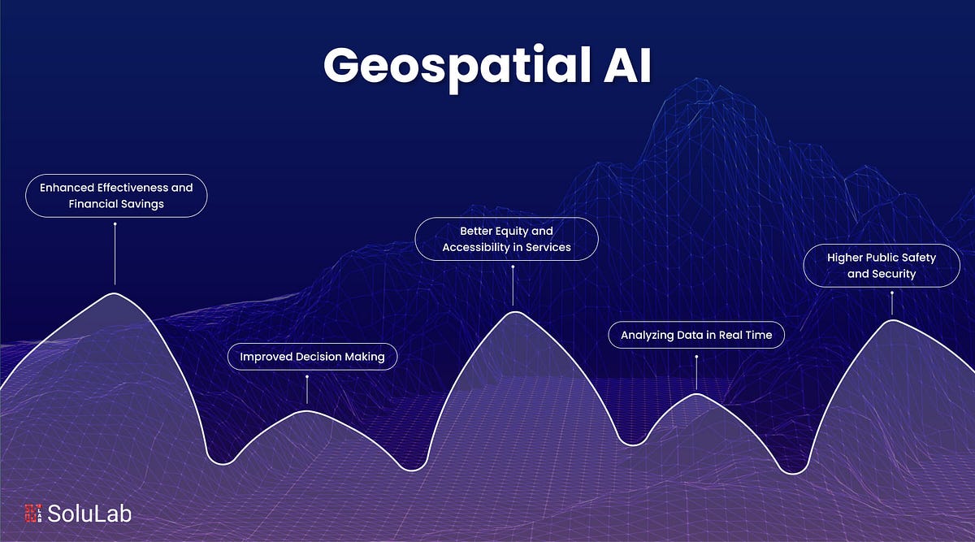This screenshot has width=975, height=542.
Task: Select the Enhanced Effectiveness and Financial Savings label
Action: pyautogui.click(x=116, y=196)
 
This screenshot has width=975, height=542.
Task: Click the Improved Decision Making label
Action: pyautogui.click(x=312, y=357)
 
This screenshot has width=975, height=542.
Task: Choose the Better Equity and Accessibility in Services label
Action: pyautogui.click(x=506, y=239)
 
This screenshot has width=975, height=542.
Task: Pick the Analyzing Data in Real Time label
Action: pyautogui.click(x=696, y=335)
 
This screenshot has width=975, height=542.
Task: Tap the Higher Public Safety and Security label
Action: pyautogui.click(x=881, y=266)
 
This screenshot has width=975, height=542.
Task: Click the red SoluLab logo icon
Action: pyautogui.click(x=32, y=514)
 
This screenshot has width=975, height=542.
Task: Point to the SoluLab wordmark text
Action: pyautogui.click(x=89, y=514)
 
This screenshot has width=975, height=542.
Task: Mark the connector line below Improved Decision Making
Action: pyautogui.click(x=307, y=392)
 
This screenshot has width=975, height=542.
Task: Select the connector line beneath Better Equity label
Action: pyautogui.click(x=513, y=285)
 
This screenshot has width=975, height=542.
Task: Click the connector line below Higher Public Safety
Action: pyautogui.click(x=892, y=303)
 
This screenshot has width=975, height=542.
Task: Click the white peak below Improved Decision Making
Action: pyautogui.click(x=307, y=411)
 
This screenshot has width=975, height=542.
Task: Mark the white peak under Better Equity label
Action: pyautogui.click(x=513, y=312)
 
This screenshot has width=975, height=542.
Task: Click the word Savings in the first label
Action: pyautogui.click(x=141, y=204)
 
